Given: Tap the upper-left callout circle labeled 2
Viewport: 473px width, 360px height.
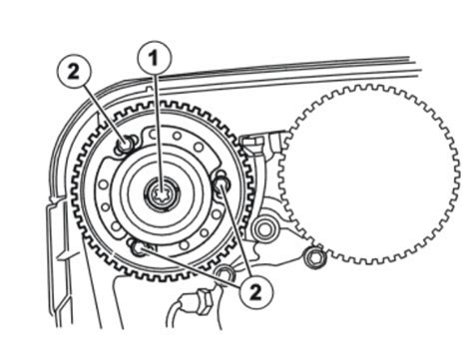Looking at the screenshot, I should [x=77, y=72].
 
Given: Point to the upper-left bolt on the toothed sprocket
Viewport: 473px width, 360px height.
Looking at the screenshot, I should [x=123, y=147].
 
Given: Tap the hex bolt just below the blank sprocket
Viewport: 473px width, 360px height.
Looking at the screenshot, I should [x=314, y=259].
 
